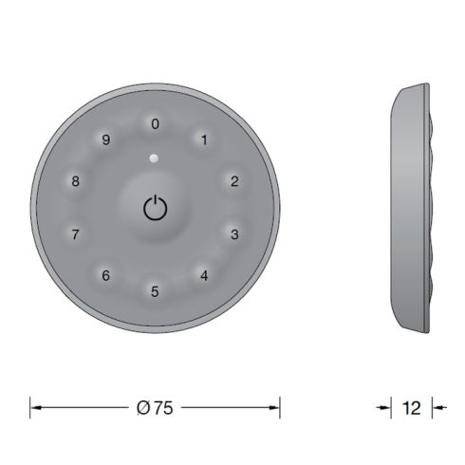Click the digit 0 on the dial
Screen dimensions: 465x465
(x=156, y=123)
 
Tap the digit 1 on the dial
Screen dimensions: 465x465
(x=204, y=140)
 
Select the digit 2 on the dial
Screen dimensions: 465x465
(x=234, y=181)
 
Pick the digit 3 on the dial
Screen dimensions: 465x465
(x=234, y=233)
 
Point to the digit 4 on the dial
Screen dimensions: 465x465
(x=204, y=275)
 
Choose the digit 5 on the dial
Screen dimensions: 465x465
(x=156, y=292)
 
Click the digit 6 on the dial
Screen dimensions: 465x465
(x=106, y=275)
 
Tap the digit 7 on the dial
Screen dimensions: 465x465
(x=76, y=233)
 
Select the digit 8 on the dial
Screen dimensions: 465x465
(x=76, y=181)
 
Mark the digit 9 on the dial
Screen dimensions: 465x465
(x=106, y=140)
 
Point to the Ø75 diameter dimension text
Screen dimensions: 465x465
(x=156, y=407)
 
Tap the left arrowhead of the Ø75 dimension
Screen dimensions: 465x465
(x=35, y=407)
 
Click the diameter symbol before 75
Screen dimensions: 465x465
(x=141, y=407)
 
